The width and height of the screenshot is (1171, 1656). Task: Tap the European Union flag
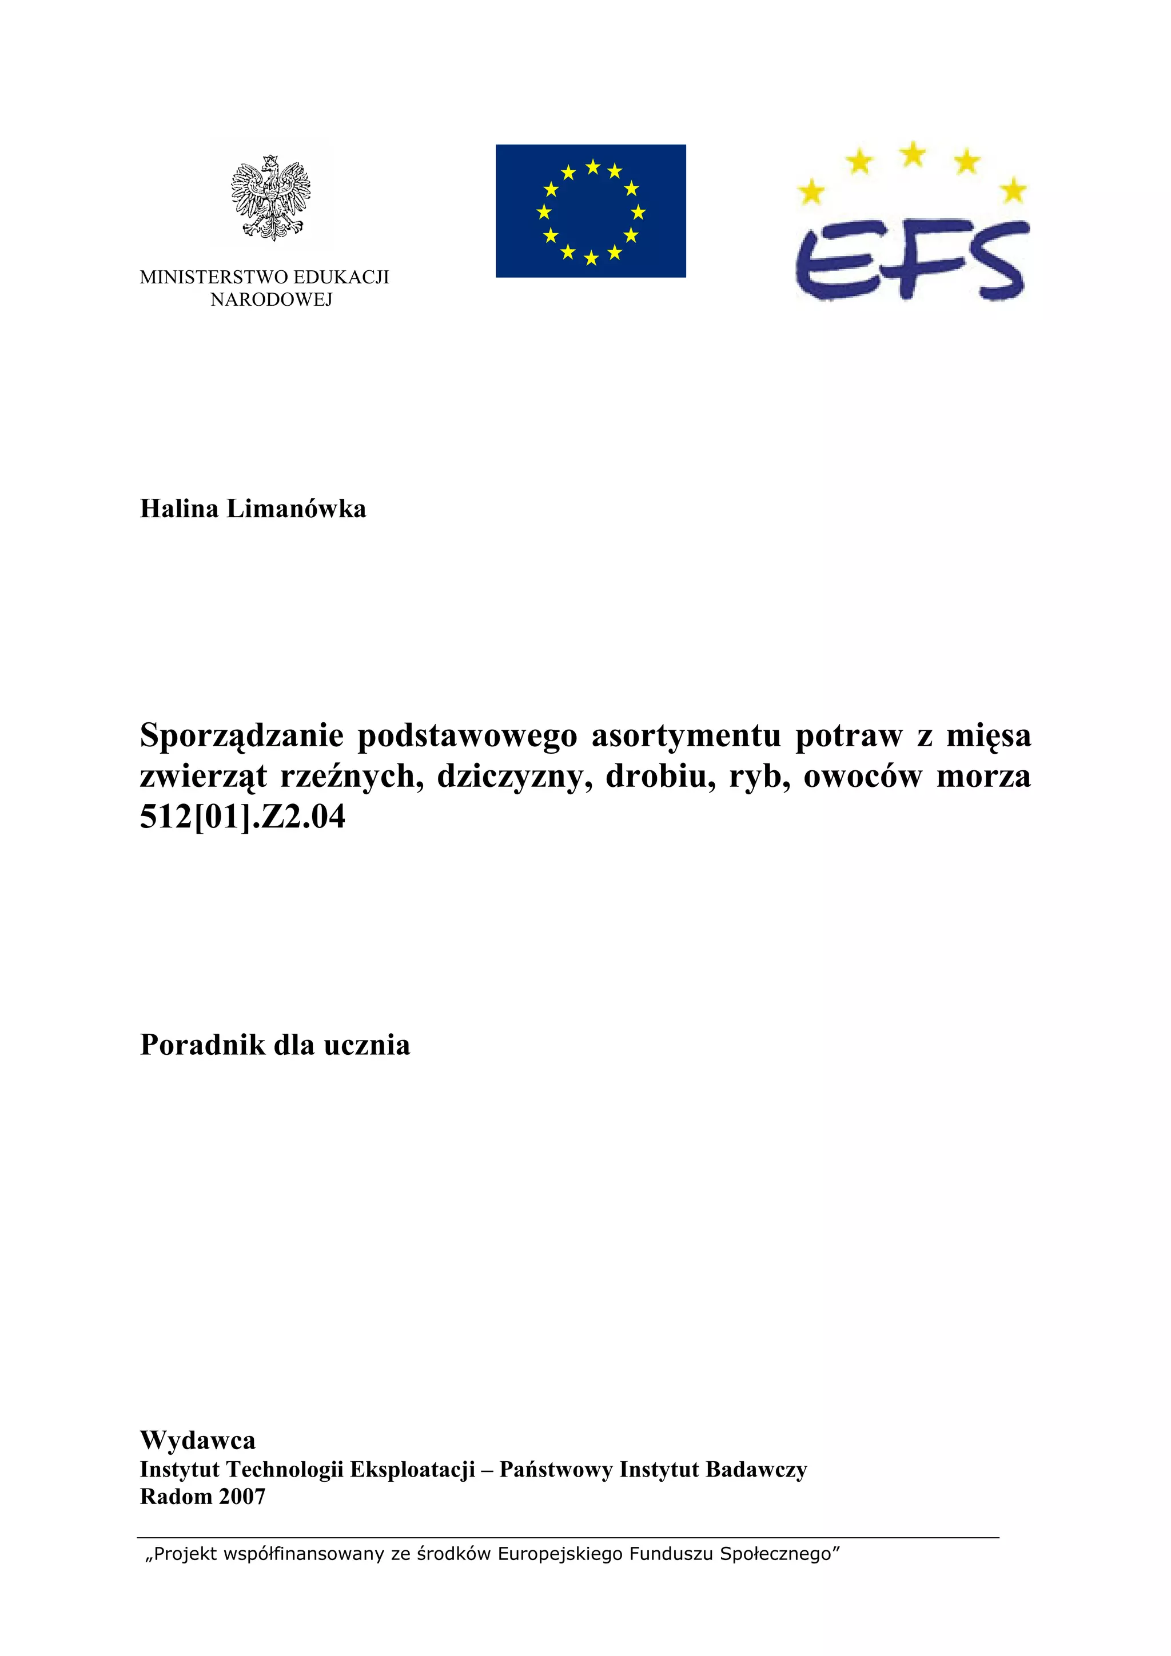[x=590, y=211]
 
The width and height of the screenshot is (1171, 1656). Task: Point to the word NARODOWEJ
[x=271, y=300]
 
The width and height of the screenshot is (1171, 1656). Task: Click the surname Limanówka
[x=297, y=509]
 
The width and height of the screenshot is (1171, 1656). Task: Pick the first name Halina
[x=179, y=509]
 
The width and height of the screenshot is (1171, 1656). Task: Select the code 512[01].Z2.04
[x=242, y=817]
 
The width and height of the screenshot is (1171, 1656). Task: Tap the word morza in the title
[x=983, y=777]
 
